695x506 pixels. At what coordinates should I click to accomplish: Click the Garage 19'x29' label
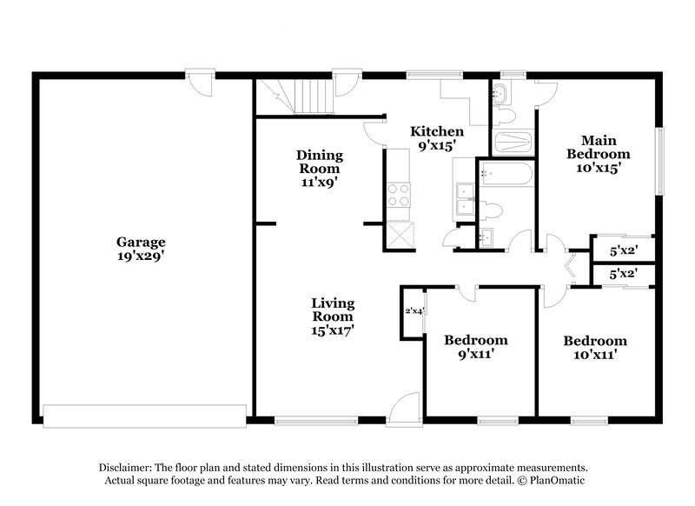coord(142,250)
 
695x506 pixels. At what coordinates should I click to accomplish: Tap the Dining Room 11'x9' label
coord(321,169)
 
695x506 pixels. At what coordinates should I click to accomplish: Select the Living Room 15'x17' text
coord(333,316)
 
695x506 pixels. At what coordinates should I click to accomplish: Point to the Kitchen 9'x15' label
coord(437,139)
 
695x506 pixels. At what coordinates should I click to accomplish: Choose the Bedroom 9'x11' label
coord(475,347)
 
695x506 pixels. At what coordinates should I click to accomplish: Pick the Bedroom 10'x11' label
coord(594,348)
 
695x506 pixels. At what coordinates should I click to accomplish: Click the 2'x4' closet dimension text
coord(414,311)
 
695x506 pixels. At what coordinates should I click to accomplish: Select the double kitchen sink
coord(463,199)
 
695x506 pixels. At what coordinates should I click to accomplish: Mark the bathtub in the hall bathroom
coord(505,174)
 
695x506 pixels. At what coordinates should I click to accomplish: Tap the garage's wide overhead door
coord(146,415)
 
